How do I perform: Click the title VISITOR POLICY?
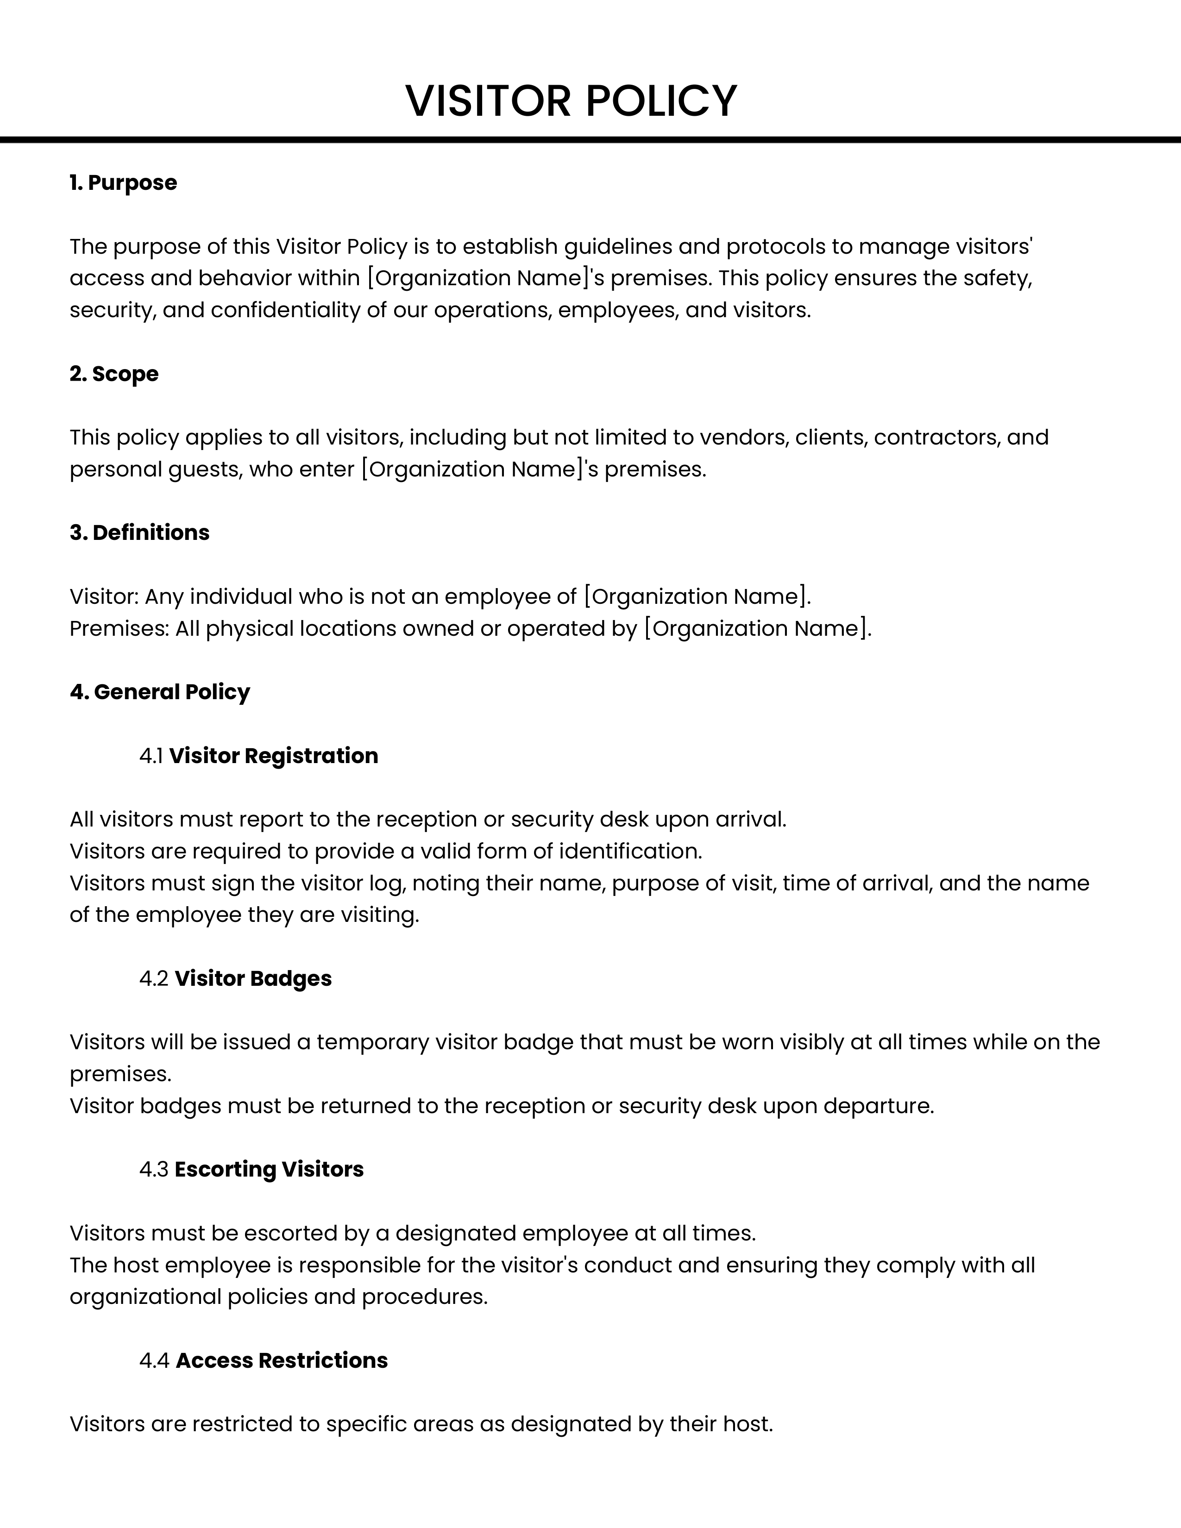coord(571,101)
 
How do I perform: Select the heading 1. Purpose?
coord(123,182)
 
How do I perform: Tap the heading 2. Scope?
coord(114,374)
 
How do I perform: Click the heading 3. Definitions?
coord(139,532)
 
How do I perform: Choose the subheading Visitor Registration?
coord(274,756)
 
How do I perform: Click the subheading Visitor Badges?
coord(253,978)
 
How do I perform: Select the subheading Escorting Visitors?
coord(270,1169)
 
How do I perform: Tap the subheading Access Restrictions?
coord(282,1360)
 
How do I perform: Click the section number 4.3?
coord(154,1169)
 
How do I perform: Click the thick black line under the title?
coord(590,140)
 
